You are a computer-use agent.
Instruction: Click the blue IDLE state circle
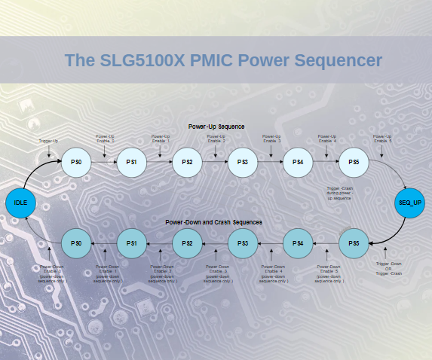point(20,203)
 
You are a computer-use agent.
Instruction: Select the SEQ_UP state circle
point(410,203)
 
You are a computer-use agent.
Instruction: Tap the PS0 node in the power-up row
point(76,163)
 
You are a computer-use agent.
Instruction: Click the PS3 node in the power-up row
point(243,163)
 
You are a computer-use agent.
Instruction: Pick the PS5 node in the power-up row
point(354,163)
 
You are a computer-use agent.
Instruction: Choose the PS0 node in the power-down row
point(76,243)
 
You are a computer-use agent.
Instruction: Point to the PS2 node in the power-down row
point(187,243)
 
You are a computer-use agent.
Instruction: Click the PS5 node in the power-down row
point(354,243)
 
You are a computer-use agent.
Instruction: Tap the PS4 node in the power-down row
point(299,243)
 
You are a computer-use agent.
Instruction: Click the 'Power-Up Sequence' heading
point(216,127)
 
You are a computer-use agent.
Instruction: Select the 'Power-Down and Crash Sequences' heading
point(214,223)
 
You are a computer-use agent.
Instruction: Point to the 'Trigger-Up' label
point(48,141)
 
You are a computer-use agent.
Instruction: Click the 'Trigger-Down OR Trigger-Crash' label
point(389,268)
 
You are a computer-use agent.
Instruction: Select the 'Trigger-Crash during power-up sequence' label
point(340,192)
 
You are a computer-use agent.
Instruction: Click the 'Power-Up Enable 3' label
point(271,139)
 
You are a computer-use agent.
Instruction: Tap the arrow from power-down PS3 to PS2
point(215,243)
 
